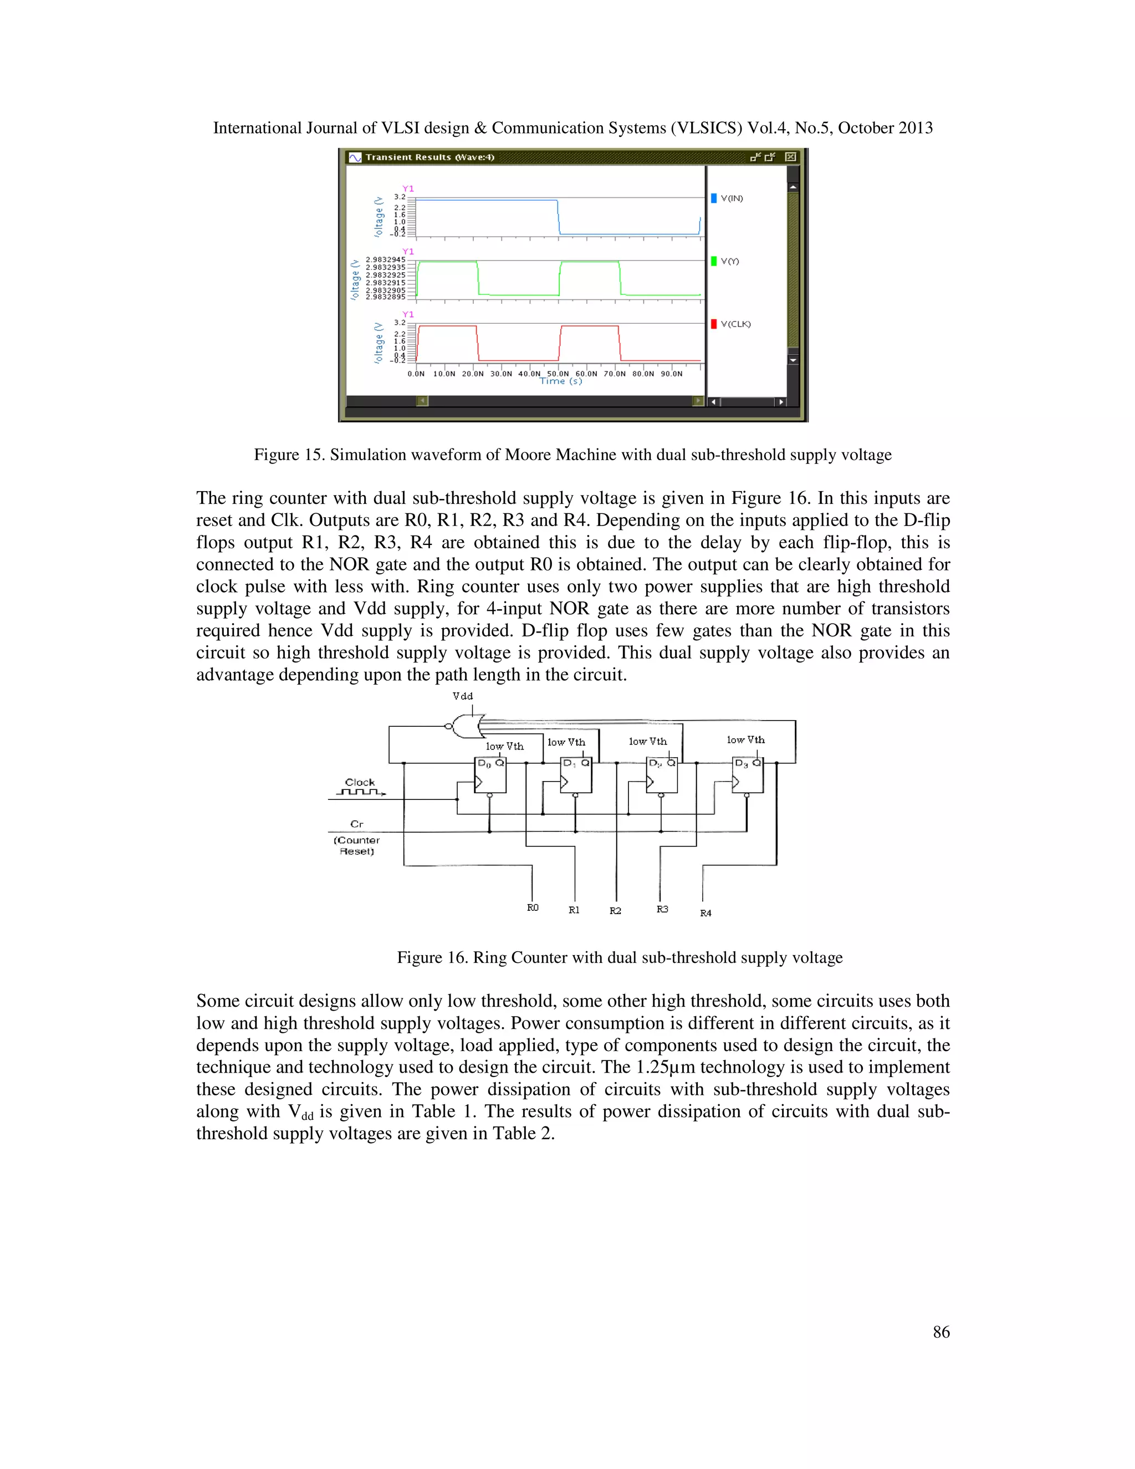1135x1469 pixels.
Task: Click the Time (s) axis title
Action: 561,381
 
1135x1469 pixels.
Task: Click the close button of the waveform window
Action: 791,157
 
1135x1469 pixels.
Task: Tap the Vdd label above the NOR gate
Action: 463,696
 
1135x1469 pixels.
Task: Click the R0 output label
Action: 533,908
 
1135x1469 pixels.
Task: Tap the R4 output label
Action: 705,914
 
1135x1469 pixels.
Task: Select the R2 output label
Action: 615,911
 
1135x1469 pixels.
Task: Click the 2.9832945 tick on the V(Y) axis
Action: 385,259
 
